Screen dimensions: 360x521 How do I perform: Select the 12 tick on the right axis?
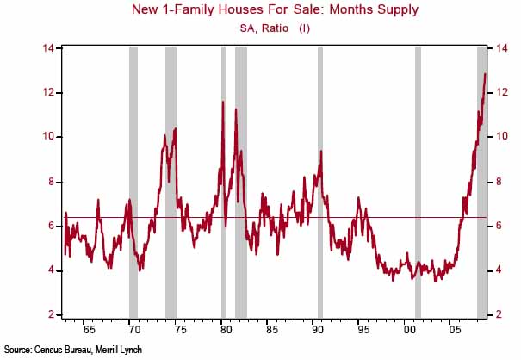pos(496,92)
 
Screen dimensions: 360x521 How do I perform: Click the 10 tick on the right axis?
pos(496,137)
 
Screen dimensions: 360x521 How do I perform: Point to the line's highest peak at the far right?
pos(485,74)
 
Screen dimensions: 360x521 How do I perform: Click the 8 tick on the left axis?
pos(52,182)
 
